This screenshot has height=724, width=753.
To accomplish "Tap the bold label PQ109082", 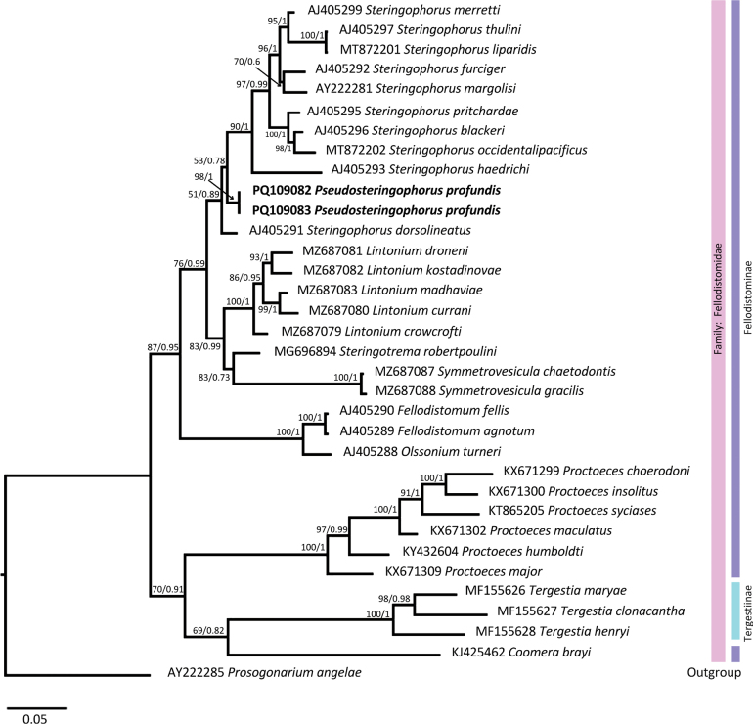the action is pos(282,190).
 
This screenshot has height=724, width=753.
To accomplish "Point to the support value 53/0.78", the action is pos(209,160).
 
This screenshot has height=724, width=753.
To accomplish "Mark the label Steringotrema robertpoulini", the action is pos(418,351).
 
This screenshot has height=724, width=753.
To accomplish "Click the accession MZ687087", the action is pos(404,372).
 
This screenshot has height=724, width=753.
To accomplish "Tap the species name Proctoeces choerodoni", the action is pos(626,471).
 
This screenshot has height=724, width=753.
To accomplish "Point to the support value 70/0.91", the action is pos(167,589).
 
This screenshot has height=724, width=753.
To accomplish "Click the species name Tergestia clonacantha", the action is pos(622,611).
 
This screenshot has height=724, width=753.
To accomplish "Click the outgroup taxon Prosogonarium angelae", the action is pos(294,672).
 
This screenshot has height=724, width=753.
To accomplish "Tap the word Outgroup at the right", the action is pos(714,672).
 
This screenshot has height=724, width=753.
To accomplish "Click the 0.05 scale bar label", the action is pos(35,719).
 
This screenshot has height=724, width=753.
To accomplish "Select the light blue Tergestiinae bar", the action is pos(735,611).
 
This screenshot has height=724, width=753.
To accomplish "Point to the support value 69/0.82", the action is pos(209,630).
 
